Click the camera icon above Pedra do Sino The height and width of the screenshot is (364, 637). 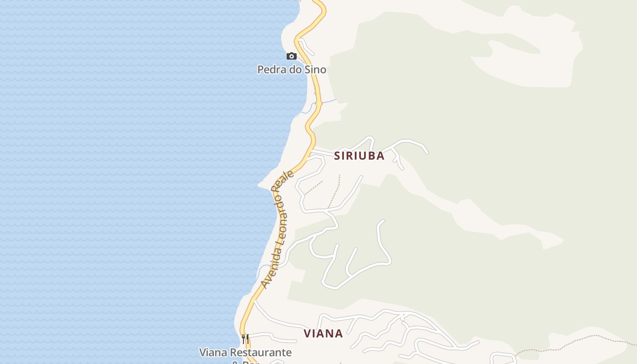point(291,56)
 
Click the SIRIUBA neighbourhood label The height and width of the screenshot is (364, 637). point(359,156)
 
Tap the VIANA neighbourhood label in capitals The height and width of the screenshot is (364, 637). point(323,334)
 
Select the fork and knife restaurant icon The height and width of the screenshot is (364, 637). point(245,339)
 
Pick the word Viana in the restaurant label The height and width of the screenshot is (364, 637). point(213,353)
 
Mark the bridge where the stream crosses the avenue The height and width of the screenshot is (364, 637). point(319,103)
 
